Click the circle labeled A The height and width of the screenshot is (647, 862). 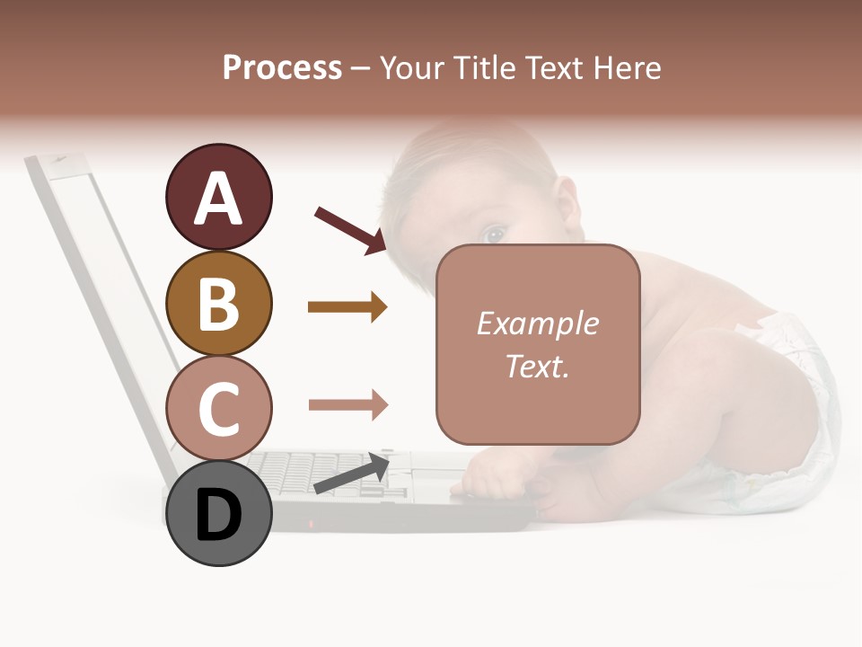tap(218, 197)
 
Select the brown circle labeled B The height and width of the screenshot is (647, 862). tap(218, 303)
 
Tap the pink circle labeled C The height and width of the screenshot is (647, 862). tap(218, 408)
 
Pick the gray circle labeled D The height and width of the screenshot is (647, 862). tap(218, 513)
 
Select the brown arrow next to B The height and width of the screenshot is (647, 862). tap(347, 307)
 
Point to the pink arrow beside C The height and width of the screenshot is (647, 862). tap(347, 404)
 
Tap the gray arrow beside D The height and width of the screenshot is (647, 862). tap(351, 474)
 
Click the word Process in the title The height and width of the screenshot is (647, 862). tap(282, 68)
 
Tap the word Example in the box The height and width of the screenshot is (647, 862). tap(537, 323)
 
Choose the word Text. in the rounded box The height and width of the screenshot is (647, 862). tap(537, 366)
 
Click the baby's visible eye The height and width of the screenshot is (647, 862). tap(493, 235)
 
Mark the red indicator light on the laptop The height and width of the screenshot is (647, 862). tap(312, 523)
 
